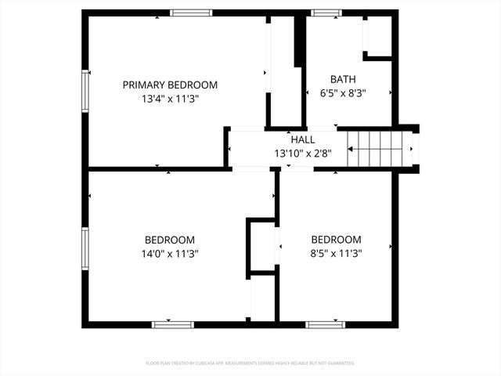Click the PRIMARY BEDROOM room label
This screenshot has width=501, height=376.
[170, 85]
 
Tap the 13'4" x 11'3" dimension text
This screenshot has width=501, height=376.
[170, 99]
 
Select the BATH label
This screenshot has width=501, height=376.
[343, 79]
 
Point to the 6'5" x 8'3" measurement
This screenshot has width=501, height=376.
[343, 93]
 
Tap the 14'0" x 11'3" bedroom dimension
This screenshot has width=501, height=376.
[170, 254]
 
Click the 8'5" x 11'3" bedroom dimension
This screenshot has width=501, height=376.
[337, 254]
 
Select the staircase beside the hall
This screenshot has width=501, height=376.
[380, 147]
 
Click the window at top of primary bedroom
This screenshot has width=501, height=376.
[191, 13]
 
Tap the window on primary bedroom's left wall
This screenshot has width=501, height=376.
[85, 92]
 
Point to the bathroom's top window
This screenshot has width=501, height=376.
[326, 13]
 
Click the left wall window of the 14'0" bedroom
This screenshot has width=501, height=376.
[85, 248]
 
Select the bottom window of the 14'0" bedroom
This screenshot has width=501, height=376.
[172, 324]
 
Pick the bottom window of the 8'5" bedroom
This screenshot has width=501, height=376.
[326, 324]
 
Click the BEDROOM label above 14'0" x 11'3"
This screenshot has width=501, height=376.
[170, 240]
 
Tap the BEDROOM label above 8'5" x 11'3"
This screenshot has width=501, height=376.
[337, 240]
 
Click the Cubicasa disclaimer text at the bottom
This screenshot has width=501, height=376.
[250, 363]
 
